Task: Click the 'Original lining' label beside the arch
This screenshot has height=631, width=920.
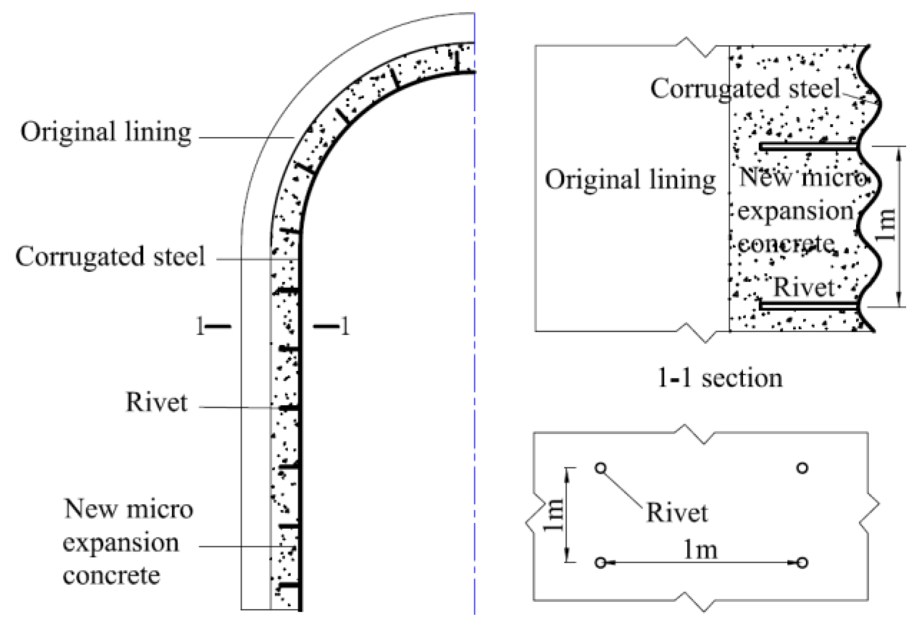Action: (x=106, y=132)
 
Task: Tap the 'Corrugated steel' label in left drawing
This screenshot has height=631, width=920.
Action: (x=110, y=257)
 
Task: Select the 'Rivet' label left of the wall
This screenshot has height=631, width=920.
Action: (x=156, y=402)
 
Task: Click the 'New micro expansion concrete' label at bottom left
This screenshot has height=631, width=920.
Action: (x=127, y=542)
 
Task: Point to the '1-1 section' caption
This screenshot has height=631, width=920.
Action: (x=720, y=379)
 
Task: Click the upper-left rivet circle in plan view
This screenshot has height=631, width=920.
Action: (x=601, y=468)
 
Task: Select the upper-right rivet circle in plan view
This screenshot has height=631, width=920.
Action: (x=803, y=468)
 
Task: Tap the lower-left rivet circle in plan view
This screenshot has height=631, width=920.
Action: (x=601, y=563)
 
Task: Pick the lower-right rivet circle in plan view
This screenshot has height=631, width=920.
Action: (x=803, y=563)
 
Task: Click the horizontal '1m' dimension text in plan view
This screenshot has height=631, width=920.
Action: (x=700, y=550)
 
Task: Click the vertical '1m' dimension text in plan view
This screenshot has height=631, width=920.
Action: (x=554, y=515)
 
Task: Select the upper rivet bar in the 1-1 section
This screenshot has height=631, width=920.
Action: (x=808, y=147)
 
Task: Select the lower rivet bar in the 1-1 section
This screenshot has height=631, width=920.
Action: (x=808, y=305)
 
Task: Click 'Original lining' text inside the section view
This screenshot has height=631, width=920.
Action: (x=631, y=180)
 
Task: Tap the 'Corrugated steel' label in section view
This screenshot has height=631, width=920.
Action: (x=745, y=89)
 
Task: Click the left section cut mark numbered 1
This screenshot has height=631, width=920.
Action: (x=213, y=327)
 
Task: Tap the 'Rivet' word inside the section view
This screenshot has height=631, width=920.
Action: (x=804, y=288)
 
